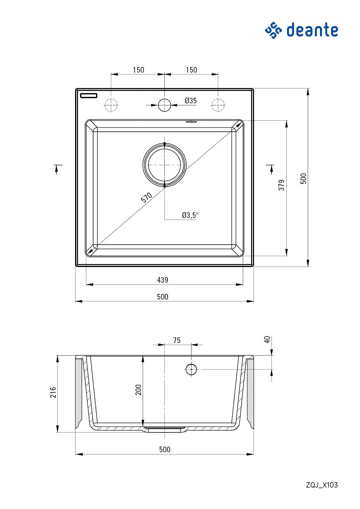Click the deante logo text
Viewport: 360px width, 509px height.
312,30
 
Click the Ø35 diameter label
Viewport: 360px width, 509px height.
191,101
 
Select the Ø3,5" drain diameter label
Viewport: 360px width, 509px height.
190,215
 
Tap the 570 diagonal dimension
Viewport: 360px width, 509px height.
146,197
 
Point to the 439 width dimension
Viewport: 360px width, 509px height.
162,280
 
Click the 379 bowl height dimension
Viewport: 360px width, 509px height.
281,185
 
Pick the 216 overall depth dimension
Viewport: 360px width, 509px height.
53,392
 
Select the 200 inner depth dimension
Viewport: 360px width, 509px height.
138,390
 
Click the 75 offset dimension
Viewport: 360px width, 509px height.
177,340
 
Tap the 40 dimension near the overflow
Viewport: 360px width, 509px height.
267,339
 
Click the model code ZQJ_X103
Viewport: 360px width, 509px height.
322,485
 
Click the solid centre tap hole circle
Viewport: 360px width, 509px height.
164,105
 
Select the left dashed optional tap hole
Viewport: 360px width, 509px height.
111,105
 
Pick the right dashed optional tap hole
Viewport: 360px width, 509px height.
218,105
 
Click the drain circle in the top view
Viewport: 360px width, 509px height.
164,165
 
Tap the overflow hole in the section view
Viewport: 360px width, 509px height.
191,369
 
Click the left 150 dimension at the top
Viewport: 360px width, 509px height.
138,70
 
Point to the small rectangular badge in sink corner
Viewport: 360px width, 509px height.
89,95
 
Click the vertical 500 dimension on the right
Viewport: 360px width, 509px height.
303,178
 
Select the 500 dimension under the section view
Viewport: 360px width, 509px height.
164,449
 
